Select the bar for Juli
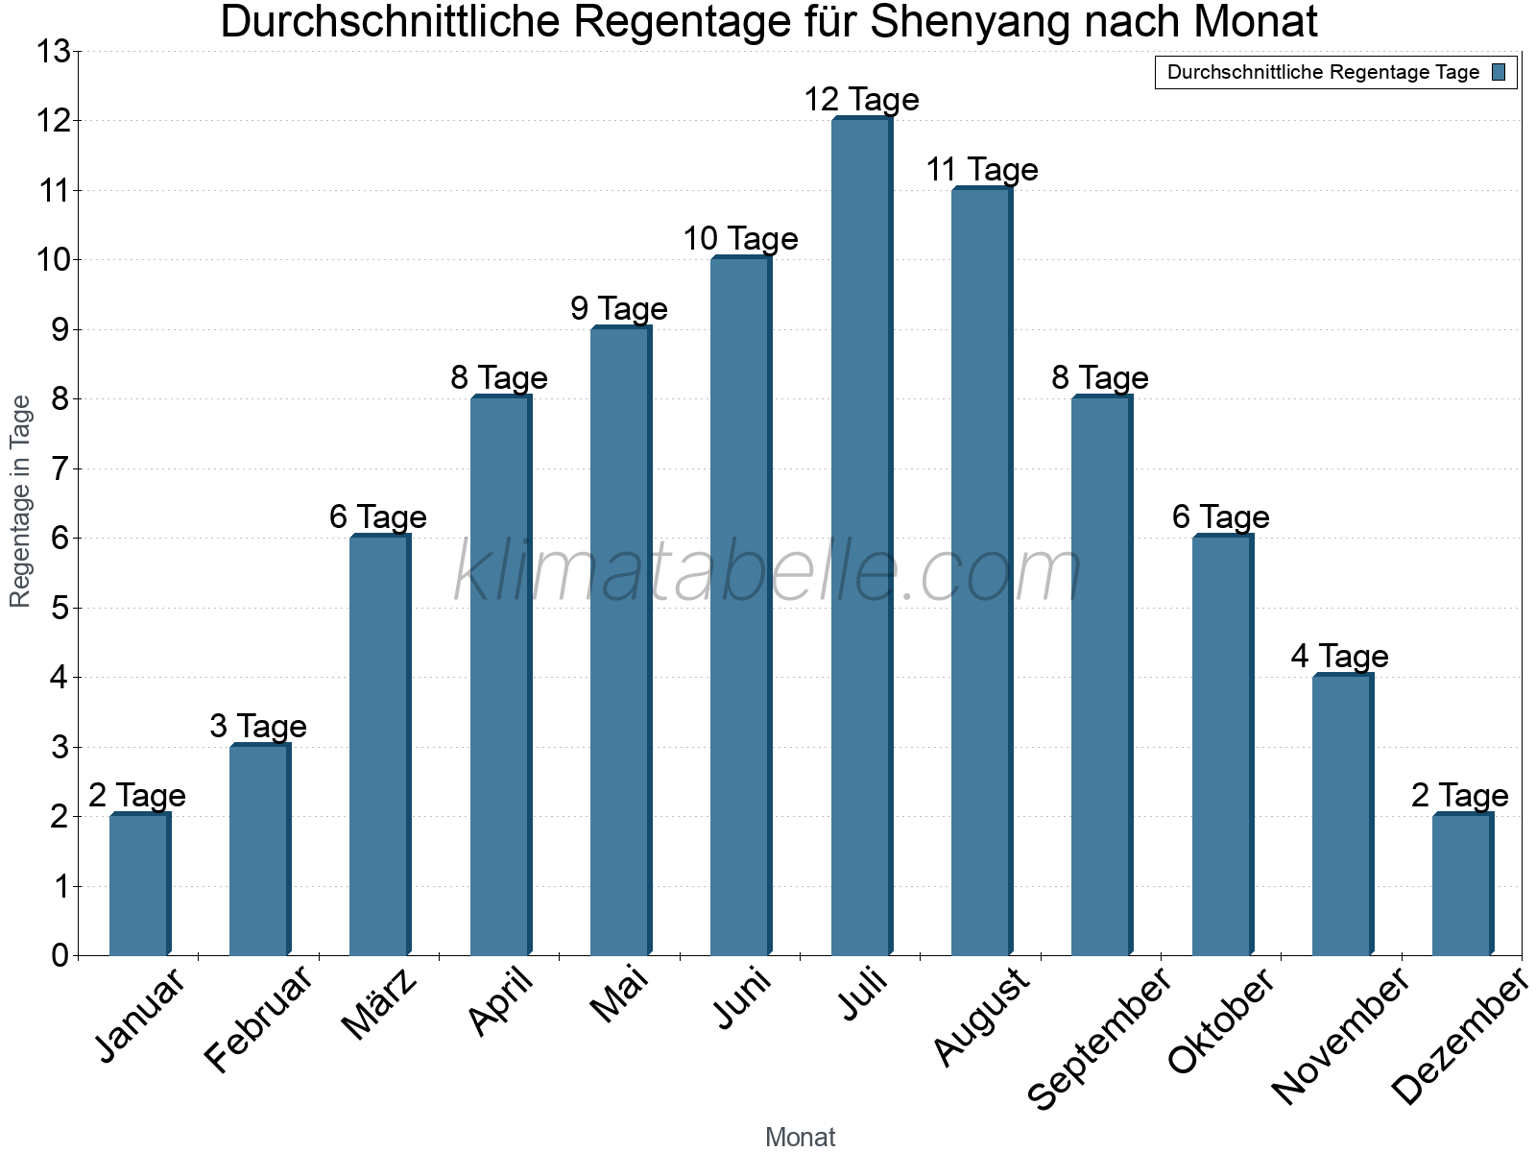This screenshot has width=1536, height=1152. tap(861, 538)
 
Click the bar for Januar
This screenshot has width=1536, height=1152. tap(139, 885)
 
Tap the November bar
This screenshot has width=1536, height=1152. tap(1342, 816)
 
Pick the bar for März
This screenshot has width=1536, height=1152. tap(379, 746)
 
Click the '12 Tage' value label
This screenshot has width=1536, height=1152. tap(861, 100)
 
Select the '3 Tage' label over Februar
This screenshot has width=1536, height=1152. tap(258, 727)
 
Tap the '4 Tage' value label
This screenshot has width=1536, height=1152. tap(1339, 657)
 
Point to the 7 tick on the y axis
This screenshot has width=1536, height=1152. tap(60, 469)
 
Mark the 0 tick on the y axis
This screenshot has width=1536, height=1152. tap(60, 956)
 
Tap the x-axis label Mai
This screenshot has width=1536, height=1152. tap(620, 996)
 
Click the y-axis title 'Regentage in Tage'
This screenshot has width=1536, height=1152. tap(21, 501)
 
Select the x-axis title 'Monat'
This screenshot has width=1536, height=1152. tap(800, 1138)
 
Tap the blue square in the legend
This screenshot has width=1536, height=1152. tap(1500, 72)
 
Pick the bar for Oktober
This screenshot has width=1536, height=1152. tap(1222, 746)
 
